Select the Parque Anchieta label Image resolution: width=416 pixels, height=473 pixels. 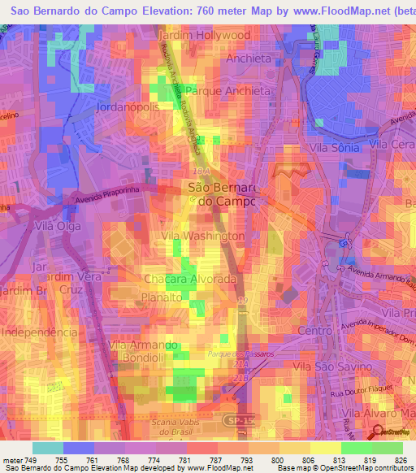(227, 91)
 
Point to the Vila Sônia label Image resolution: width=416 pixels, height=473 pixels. (334, 148)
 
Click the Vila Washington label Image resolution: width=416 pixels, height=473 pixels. (203, 236)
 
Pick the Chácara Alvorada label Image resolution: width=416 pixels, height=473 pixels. (190, 279)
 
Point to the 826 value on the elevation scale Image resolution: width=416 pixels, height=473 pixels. (399, 460)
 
